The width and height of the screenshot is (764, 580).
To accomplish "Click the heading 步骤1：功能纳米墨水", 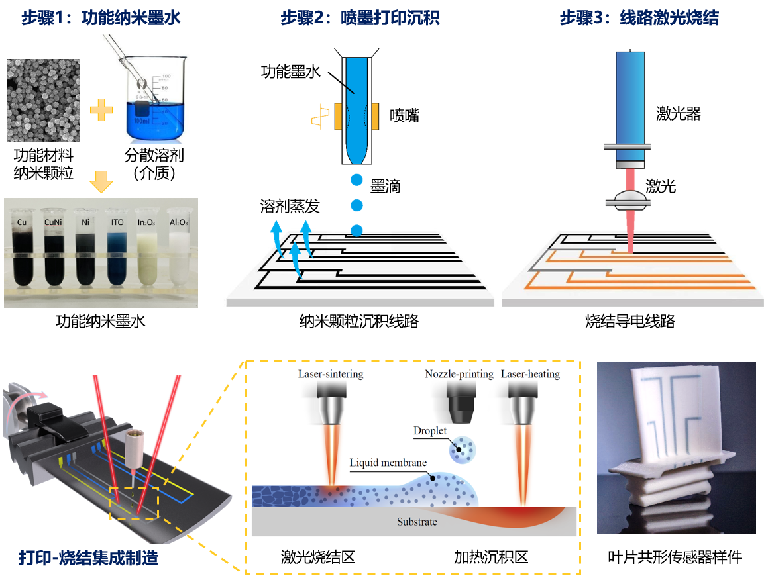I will tap(101, 18).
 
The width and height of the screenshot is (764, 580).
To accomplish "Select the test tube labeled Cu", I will tap(23, 252).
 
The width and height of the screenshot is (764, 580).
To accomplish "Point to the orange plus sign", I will tap(101, 109).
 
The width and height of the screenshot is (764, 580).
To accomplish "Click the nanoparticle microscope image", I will tap(44, 99).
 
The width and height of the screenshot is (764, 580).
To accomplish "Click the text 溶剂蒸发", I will tap(290, 206).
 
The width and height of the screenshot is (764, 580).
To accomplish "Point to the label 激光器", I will tap(679, 114).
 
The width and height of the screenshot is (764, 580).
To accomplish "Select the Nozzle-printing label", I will tap(459, 374).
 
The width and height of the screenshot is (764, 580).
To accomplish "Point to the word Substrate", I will tap(417, 522).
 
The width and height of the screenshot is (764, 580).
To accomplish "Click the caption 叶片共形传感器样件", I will tap(675, 557).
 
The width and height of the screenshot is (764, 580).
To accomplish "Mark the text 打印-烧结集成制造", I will tap(88, 557).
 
